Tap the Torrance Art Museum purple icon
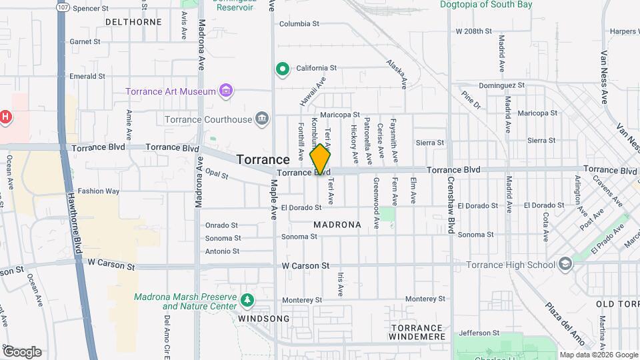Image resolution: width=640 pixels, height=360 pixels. pos(226,91)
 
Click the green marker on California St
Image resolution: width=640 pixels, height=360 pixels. pos(282,68)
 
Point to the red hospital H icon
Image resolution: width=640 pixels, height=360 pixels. pos(5,117)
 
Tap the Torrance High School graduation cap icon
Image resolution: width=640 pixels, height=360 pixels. pos(565,265)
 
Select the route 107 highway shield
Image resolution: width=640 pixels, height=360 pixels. pos(63,7)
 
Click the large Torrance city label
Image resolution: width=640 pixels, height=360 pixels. pos(263,160)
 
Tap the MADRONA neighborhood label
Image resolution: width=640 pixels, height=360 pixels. pos(337,225)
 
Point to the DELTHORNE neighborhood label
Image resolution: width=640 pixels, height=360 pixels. pos(133,22)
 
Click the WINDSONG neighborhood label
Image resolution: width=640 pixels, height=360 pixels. pos(264,319)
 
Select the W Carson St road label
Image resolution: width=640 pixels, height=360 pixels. pos(305,265)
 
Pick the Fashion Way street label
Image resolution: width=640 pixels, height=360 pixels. pos(98,191)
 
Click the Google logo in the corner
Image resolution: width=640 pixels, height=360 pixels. pos(22,352)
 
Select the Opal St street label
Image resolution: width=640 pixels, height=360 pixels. pos(217,176)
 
